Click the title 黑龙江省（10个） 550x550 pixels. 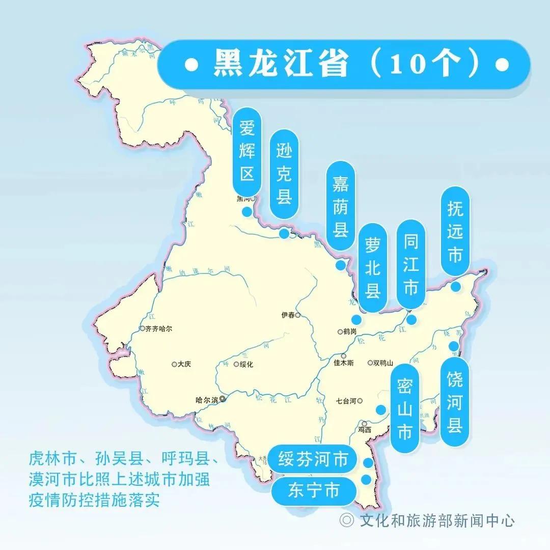point(344,65)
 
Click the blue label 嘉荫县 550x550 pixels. point(340,206)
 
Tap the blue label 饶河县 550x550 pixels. point(454,402)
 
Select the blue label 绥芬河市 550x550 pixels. point(313,460)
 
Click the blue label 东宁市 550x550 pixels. point(313,490)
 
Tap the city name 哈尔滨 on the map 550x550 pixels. point(207,400)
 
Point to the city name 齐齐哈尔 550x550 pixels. point(158,328)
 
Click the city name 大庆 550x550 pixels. point(184,364)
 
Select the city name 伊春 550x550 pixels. point(288,315)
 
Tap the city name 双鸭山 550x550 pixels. point(383,363)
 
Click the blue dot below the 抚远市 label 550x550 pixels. point(456,287)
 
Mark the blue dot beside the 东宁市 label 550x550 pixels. point(366,479)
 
